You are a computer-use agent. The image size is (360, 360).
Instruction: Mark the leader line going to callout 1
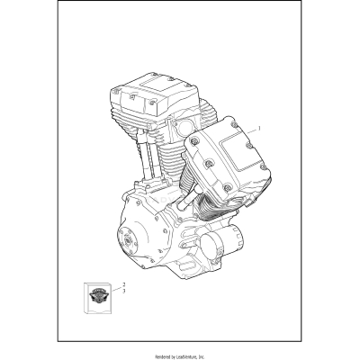(244, 131)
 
